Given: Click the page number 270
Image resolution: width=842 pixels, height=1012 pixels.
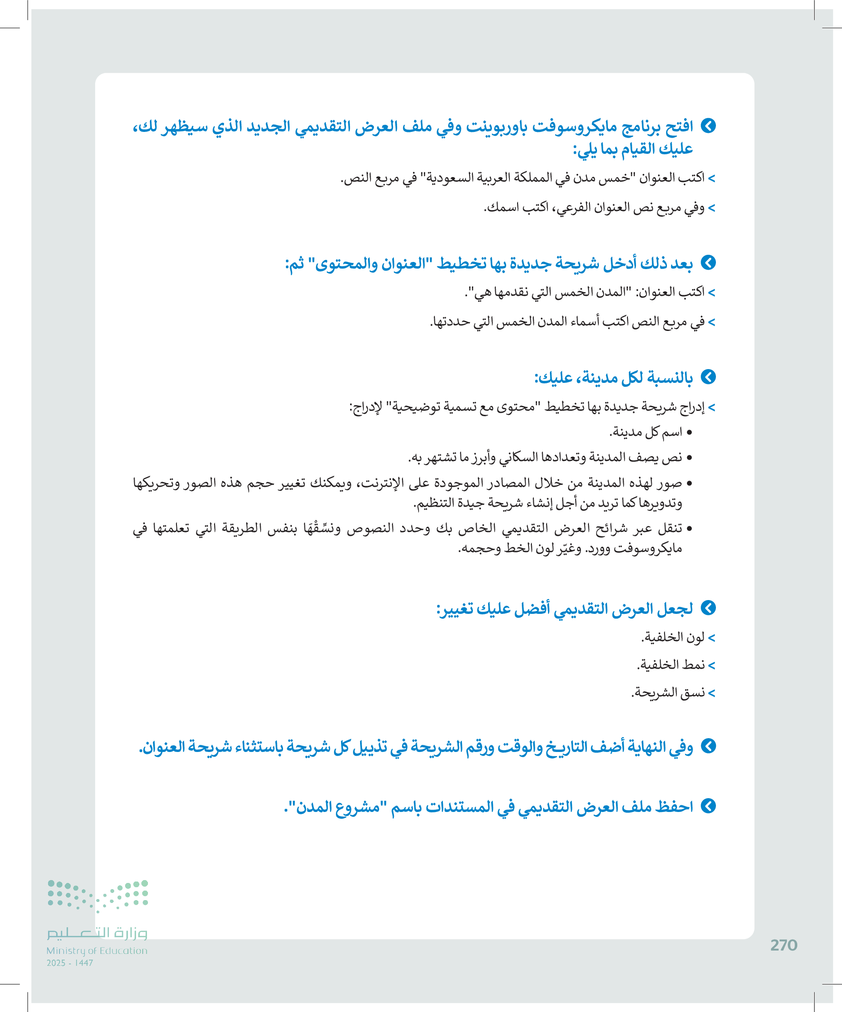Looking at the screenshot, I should pos(784,945).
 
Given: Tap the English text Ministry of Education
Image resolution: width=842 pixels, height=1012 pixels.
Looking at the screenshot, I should pos(97,951).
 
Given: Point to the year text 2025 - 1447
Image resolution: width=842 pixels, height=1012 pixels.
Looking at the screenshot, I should pos(70,963).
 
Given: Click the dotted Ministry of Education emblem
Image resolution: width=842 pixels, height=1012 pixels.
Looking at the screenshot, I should pos(98,896).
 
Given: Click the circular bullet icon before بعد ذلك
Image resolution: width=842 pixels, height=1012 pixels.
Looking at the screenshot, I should pos(708,262).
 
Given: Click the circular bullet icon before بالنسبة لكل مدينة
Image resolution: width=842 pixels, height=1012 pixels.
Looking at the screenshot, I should pos(708,377).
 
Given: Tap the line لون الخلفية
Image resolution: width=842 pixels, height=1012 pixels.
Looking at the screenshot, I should pos(673,638).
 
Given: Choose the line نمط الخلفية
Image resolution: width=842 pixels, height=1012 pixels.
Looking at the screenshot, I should pos(671,665).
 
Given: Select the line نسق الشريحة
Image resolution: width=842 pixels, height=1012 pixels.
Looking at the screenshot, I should pos(668,692).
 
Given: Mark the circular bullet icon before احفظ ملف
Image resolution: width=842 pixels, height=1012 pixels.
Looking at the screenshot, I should pos(708,806).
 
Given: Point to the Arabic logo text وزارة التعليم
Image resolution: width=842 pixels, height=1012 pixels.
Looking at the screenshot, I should pos(97,933).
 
